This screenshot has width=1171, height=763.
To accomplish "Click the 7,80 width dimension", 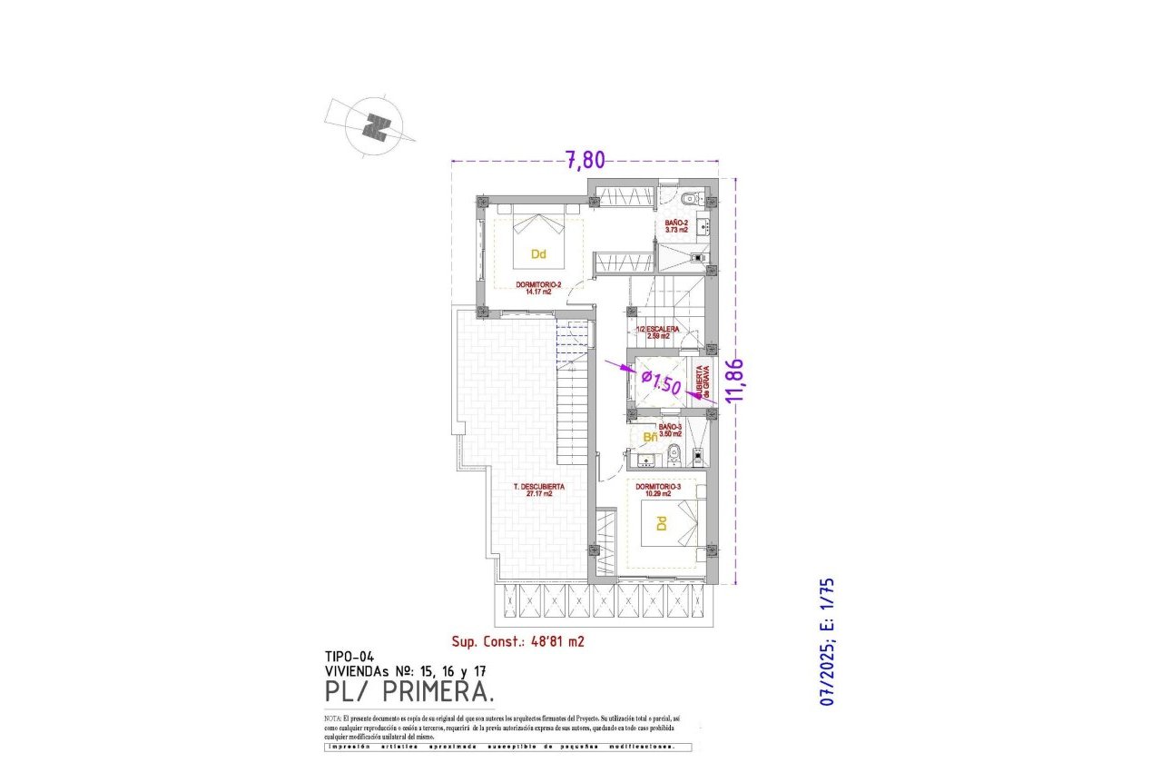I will [585, 160].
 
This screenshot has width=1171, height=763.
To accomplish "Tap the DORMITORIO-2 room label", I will [539, 288].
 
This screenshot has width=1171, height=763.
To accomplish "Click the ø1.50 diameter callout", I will [661, 381].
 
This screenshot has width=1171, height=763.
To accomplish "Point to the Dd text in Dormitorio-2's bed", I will [538, 254].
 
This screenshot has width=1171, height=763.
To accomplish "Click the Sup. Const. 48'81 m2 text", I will [517, 640].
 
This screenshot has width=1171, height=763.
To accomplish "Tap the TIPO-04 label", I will [349, 656].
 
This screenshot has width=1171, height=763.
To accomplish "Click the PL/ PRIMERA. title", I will [410, 692].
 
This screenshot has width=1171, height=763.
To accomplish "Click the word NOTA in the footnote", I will [333, 718].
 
